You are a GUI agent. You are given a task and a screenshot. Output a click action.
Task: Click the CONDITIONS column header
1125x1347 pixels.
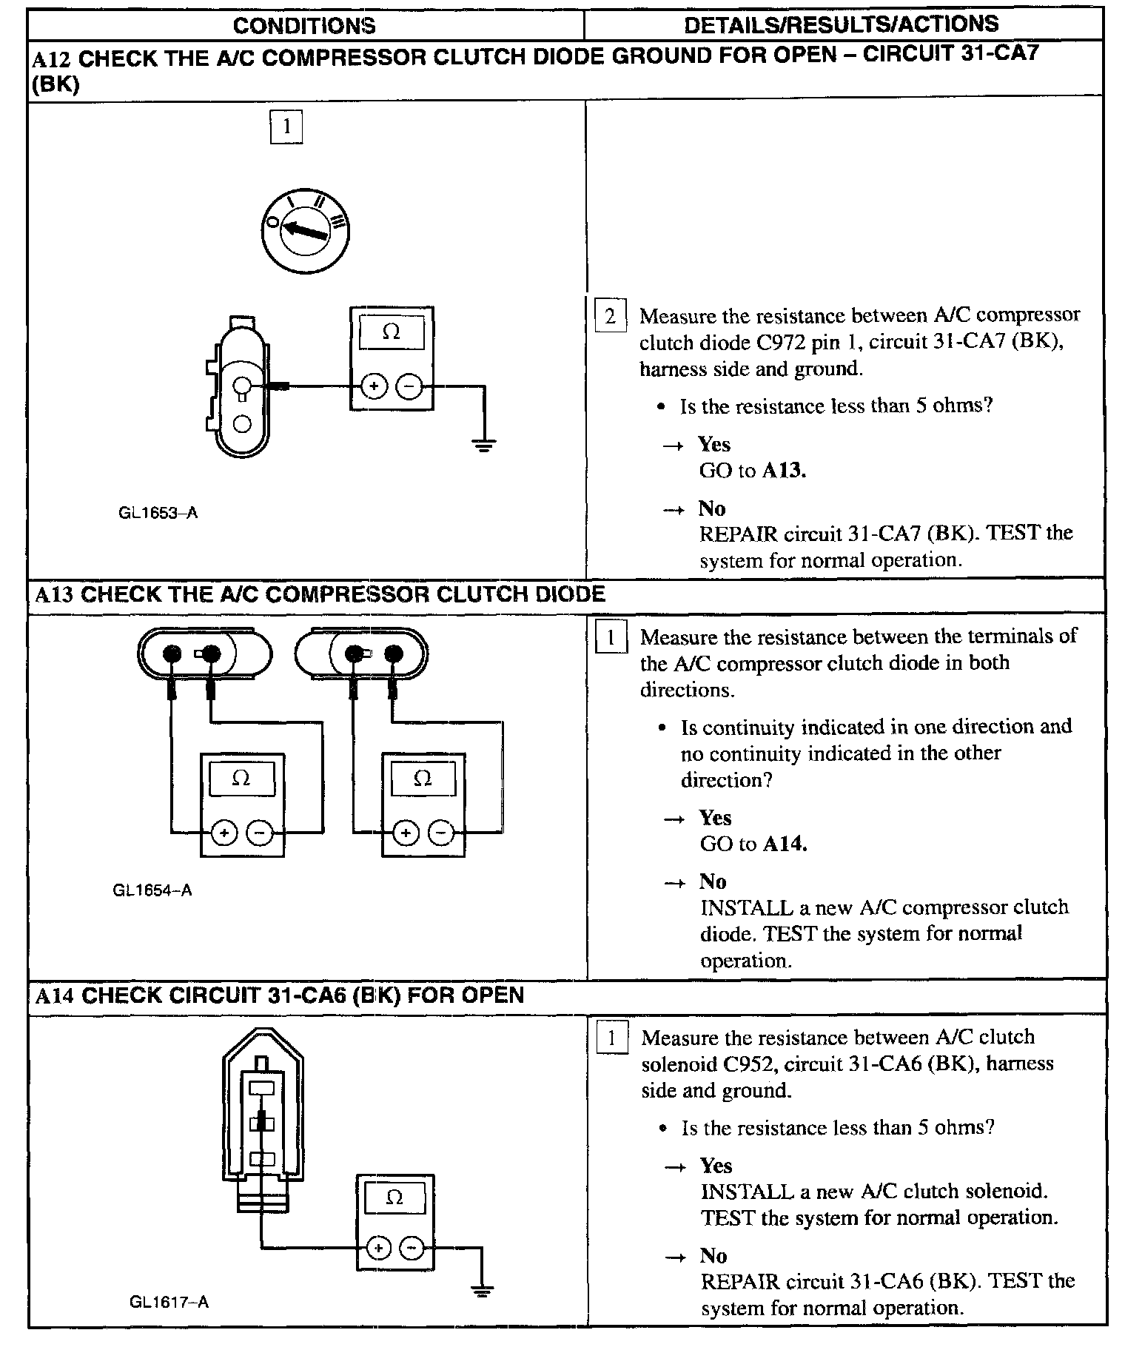point(304,26)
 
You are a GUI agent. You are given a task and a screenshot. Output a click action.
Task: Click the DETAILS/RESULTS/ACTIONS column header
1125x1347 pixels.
point(841,24)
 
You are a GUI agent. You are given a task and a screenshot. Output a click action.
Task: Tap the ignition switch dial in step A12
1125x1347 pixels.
point(305,232)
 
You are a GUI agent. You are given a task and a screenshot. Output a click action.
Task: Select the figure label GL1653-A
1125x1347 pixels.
point(158,512)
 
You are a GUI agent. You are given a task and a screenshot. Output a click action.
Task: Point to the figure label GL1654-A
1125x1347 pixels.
point(152,890)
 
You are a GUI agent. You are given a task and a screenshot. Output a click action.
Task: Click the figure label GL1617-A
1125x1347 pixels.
point(169,1302)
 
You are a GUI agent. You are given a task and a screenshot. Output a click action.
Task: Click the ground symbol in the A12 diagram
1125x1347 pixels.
point(484,445)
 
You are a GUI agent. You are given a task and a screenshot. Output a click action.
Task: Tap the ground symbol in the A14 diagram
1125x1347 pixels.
point(483,1291)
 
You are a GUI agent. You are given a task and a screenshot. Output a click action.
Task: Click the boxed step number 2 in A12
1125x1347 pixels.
point(610,317)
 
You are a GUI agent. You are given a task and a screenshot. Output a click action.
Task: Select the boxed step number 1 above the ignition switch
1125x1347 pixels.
point(286,127)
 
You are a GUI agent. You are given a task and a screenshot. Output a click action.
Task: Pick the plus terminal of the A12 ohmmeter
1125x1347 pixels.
point(375,386)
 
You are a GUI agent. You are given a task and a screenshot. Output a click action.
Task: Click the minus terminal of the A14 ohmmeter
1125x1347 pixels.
point(412,1249)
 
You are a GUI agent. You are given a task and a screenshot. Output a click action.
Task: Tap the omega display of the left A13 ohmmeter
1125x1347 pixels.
point(241,779)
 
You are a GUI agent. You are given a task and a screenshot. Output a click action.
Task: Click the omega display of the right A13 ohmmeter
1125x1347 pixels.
point(423,779)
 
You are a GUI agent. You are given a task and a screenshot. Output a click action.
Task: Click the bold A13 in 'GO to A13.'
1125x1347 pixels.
point(784,470)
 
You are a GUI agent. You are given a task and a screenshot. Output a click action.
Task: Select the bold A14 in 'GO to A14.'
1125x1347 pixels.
point(785,844)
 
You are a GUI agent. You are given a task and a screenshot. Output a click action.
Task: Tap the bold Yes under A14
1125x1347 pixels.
point(716,1166)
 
